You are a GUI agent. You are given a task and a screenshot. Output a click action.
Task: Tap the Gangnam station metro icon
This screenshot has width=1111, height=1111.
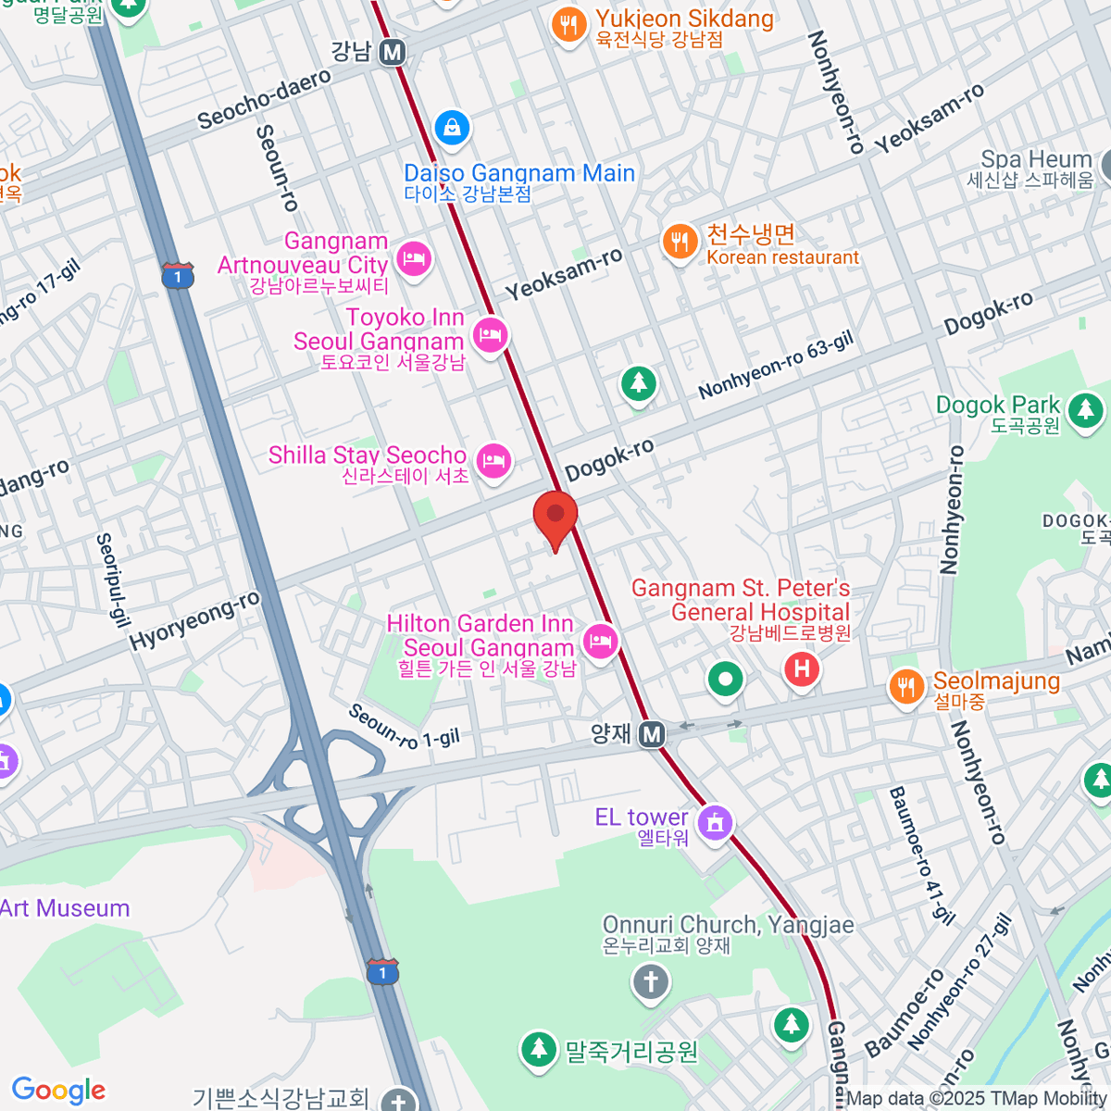pos(393,52)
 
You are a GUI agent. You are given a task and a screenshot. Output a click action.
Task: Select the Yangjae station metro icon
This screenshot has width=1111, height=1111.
pos(653,734)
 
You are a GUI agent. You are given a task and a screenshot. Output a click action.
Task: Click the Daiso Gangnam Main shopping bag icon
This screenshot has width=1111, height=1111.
pos(451,128)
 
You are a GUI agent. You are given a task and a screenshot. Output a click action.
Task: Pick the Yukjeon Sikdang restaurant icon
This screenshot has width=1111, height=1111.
pos(568,25)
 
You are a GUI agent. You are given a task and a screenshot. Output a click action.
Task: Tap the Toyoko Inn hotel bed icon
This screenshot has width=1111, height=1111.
pos(490,334)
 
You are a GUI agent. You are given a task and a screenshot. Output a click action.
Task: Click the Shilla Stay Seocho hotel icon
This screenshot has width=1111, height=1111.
pos(493,460)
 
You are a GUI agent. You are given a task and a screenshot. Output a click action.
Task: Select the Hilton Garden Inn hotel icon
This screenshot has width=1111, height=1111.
pos(600,641)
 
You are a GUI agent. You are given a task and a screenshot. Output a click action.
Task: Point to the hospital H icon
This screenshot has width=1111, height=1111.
pos(802,668)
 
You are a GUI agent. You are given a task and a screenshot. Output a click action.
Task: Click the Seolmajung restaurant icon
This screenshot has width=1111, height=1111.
pos(906,686)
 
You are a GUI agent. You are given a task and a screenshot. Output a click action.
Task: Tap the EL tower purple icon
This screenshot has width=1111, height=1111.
pos(715,821)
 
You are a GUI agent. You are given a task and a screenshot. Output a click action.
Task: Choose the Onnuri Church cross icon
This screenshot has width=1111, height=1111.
pos(651,981)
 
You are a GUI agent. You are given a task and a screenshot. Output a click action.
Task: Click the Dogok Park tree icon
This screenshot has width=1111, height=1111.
pos(1085,409)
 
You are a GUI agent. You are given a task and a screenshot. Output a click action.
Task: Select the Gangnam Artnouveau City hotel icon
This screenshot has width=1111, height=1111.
pos(413,258)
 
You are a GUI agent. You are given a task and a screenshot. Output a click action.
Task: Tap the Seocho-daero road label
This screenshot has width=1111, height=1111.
pos(264,98)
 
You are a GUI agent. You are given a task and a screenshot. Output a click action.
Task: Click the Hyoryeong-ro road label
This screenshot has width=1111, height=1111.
pos(194,620)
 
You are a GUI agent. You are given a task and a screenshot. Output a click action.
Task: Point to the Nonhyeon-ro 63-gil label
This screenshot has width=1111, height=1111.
pos(776,367)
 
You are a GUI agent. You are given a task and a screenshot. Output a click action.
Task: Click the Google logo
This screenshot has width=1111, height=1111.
pos(58,1090)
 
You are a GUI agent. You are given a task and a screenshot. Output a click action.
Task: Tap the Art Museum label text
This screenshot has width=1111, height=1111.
pos(65,908)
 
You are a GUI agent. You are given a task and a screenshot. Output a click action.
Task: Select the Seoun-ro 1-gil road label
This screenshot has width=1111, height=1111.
pos(404,728)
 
